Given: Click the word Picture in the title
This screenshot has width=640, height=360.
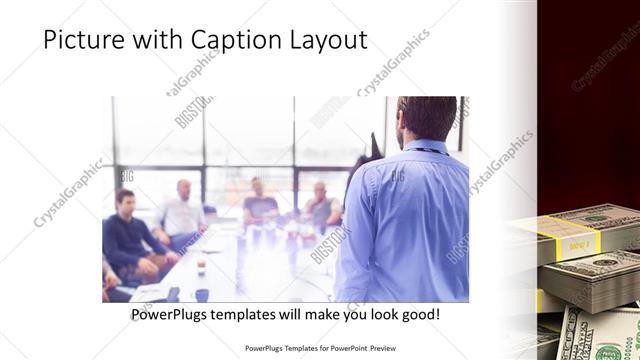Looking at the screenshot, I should tap(82, 40).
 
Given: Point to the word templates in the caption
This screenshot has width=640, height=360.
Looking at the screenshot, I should tap(260, 314).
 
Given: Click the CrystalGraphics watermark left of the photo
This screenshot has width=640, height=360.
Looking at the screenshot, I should tap(68, 192).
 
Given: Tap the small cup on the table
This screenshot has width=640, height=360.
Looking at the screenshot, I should tap(200, 262).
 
